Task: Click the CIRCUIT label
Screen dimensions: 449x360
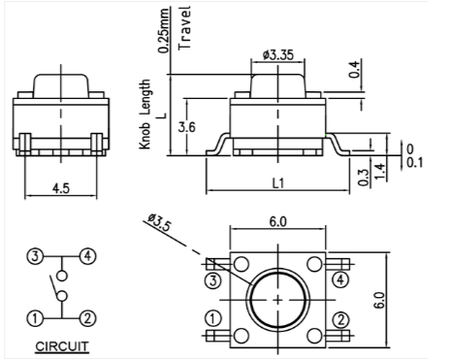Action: point(61,346)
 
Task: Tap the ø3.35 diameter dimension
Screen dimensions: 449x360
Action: point(278,55)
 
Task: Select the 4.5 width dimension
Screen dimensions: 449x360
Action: point(61,188)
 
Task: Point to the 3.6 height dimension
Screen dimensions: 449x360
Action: point(187,127)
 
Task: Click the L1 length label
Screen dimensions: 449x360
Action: point(278,183)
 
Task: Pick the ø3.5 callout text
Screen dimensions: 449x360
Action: point(159,222)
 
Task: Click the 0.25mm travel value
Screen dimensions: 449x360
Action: point(164,30)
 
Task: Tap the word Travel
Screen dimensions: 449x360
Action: point(185,28)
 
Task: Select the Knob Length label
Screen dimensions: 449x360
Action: point(144,115)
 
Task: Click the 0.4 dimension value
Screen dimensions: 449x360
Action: point(354,69)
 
